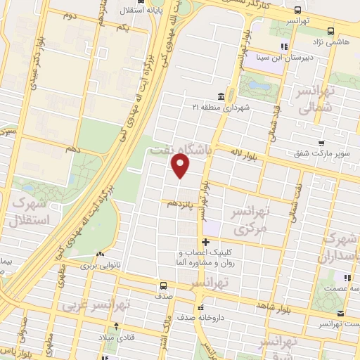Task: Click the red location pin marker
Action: click(x=181, y=166)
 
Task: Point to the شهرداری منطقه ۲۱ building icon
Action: click(x=221, y=96)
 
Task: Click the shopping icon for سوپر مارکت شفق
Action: click(x=321, y=143)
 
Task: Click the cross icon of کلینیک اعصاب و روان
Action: click(x=205, y=243)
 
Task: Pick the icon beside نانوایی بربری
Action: click(x=101, y=255)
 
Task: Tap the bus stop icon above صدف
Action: click(x=163, y=285)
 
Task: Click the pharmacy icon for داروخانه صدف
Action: click(x=201, y=307)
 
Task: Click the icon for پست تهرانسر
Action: click(x=340, y=314)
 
